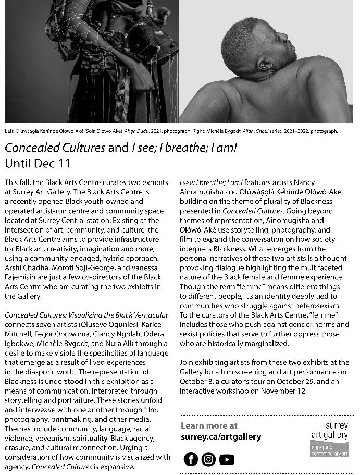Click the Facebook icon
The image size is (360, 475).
(191, 459)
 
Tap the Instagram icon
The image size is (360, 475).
(208, 459)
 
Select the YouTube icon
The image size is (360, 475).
(227, 459)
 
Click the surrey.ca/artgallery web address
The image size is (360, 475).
(221, 436)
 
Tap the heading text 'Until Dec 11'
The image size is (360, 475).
(37, 163)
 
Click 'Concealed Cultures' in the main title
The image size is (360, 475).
(55, 148)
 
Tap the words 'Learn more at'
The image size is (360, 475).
(209, 425)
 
